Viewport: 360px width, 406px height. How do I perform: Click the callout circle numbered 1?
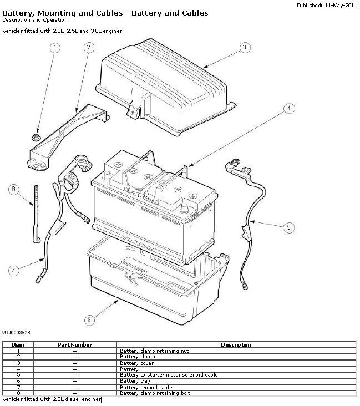(55, 48)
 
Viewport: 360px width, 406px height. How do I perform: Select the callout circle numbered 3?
(245, 48)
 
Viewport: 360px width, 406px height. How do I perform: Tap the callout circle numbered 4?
(289, 108)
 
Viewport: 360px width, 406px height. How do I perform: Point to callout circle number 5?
(288, 227)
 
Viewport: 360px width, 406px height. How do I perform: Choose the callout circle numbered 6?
(89, 320)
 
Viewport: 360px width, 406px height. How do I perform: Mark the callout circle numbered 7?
(13, 271)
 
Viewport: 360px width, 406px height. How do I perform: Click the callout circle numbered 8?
(13, 189)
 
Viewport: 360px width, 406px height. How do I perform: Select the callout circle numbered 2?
(89, 48)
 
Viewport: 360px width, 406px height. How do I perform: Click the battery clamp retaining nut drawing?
(36, 138)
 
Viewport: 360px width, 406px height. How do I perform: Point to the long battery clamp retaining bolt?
(36, 214)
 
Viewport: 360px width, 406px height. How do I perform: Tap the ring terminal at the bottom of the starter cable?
(244, 286)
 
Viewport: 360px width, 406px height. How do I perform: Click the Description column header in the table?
(236, 345)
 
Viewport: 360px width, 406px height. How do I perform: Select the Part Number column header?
(74, 345)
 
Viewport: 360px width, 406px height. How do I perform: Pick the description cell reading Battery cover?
(137, 363)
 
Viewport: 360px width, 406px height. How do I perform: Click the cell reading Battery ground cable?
(146, 387)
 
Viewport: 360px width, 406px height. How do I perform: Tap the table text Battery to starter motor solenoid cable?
(169, 375)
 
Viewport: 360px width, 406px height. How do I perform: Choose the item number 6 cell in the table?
(18, 381)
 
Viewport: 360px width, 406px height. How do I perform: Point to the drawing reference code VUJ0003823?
(16, 332)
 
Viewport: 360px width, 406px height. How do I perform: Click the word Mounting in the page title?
(57, 13)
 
